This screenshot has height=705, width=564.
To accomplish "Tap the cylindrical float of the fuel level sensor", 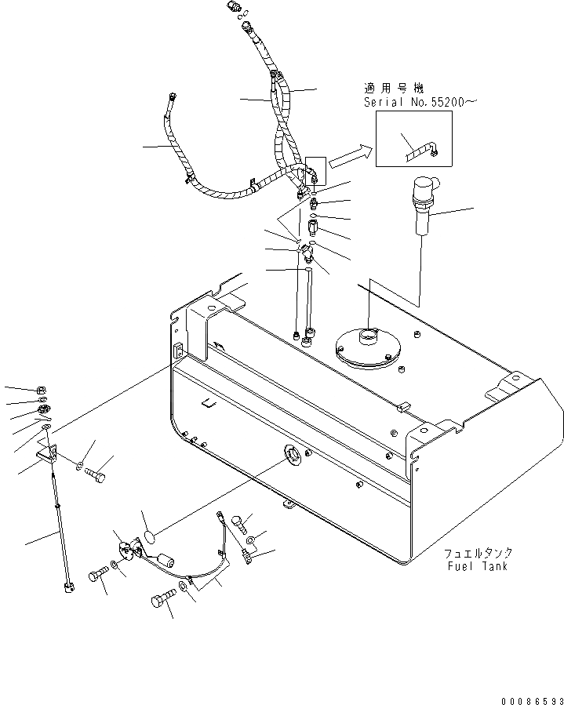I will pos(165,560).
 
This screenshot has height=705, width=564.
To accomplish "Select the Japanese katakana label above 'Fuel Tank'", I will pos(478,553).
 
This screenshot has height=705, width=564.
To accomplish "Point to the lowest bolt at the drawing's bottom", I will pos(162,602).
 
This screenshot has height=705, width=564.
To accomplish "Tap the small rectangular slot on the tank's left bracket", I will pos(176,352).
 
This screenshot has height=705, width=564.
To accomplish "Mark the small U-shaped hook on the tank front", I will pos(208,404).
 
